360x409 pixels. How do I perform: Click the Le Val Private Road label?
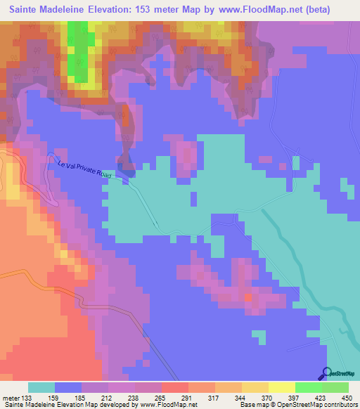pyautogui.click(x=84, y=170)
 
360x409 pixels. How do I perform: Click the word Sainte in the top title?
pyautogui.click(x=27, y=10)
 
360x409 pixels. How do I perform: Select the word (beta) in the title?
pyautogui.click(x=332, y=10)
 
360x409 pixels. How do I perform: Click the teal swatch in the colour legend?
pyautogui.click(x=41, y=388)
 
